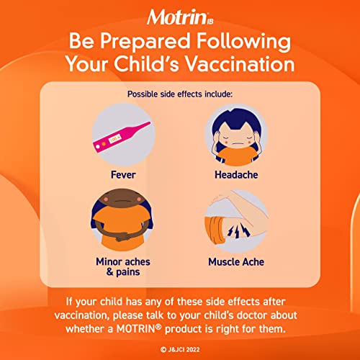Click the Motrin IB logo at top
[180, 16]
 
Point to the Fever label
[123, 174]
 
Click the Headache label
[235, 174]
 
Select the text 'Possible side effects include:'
[179, 94]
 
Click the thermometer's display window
[116, 136]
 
